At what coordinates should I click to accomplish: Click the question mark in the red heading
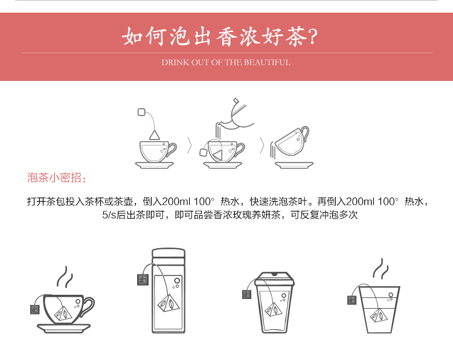point(313,37)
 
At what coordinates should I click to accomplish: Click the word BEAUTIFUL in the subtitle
point(267,62)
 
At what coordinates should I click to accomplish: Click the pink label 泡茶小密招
point(57,178)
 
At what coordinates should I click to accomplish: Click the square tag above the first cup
point(141,112)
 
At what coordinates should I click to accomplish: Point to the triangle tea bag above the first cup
point(155,135)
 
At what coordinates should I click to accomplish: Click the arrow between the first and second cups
point(190,146)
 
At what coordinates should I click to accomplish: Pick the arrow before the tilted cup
point(262,146)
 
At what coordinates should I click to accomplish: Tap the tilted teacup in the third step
point(291,141)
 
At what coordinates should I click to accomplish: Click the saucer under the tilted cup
point(294,165)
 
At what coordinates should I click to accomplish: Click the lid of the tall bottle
point(169,253)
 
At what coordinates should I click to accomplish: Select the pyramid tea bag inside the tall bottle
point(169,303)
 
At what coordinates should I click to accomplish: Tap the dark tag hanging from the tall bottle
point(143,280)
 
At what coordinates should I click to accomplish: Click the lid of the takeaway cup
point(274,278)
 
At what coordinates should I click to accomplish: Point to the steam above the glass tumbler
point(381,268)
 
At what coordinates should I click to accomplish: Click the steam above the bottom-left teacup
point(65,277)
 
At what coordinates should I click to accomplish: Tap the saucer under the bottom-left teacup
point(64,328)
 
